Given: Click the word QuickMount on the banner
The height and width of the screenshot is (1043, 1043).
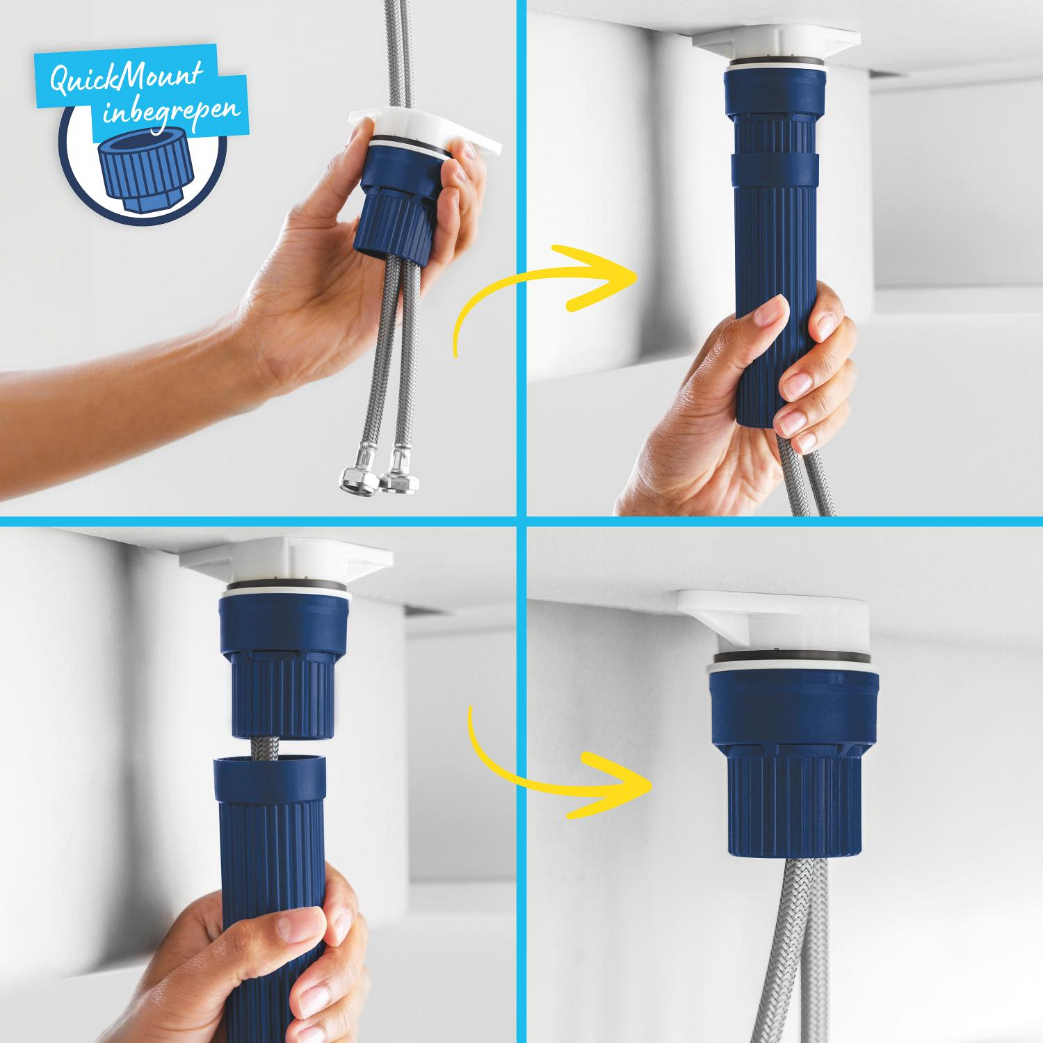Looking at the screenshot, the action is coord(126,76).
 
